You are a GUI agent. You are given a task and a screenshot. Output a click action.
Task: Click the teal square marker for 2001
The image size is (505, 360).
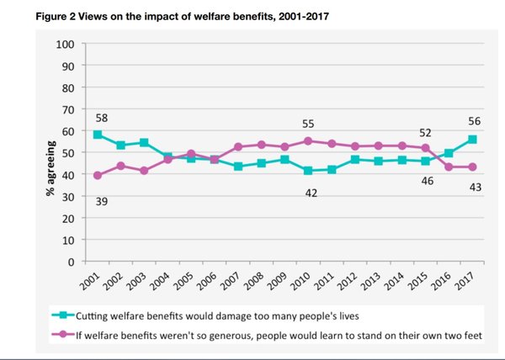pyautogui.click(x=98, y=135)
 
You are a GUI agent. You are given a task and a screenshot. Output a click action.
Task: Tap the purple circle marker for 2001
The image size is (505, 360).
pyautogui.click(x=98, y=175)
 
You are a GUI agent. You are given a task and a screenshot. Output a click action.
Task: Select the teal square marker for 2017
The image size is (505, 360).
pyautogui.click(x=472, y=139)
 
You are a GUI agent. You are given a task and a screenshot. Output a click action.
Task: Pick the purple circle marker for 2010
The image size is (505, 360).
pyautogui.click(x=308, y=141)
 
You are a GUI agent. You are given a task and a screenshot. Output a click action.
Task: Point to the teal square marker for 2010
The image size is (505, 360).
pyautogui.click(x=308, y=171)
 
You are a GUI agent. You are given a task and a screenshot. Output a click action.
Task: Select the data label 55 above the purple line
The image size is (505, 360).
pyautogui.click(x=308, y=124)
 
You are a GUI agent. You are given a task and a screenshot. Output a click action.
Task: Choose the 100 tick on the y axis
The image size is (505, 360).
pyautogui.click(x=65, y=44)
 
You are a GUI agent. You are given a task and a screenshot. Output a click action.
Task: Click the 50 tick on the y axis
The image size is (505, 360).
pyautogui.click(x=68, y=152)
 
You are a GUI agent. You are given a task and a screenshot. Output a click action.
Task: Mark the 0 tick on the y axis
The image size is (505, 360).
pyautogui.click(x=72, y=262)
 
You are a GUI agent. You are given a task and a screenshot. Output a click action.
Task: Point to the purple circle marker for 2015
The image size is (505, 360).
pyautogui.click(x=426, y=148)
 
